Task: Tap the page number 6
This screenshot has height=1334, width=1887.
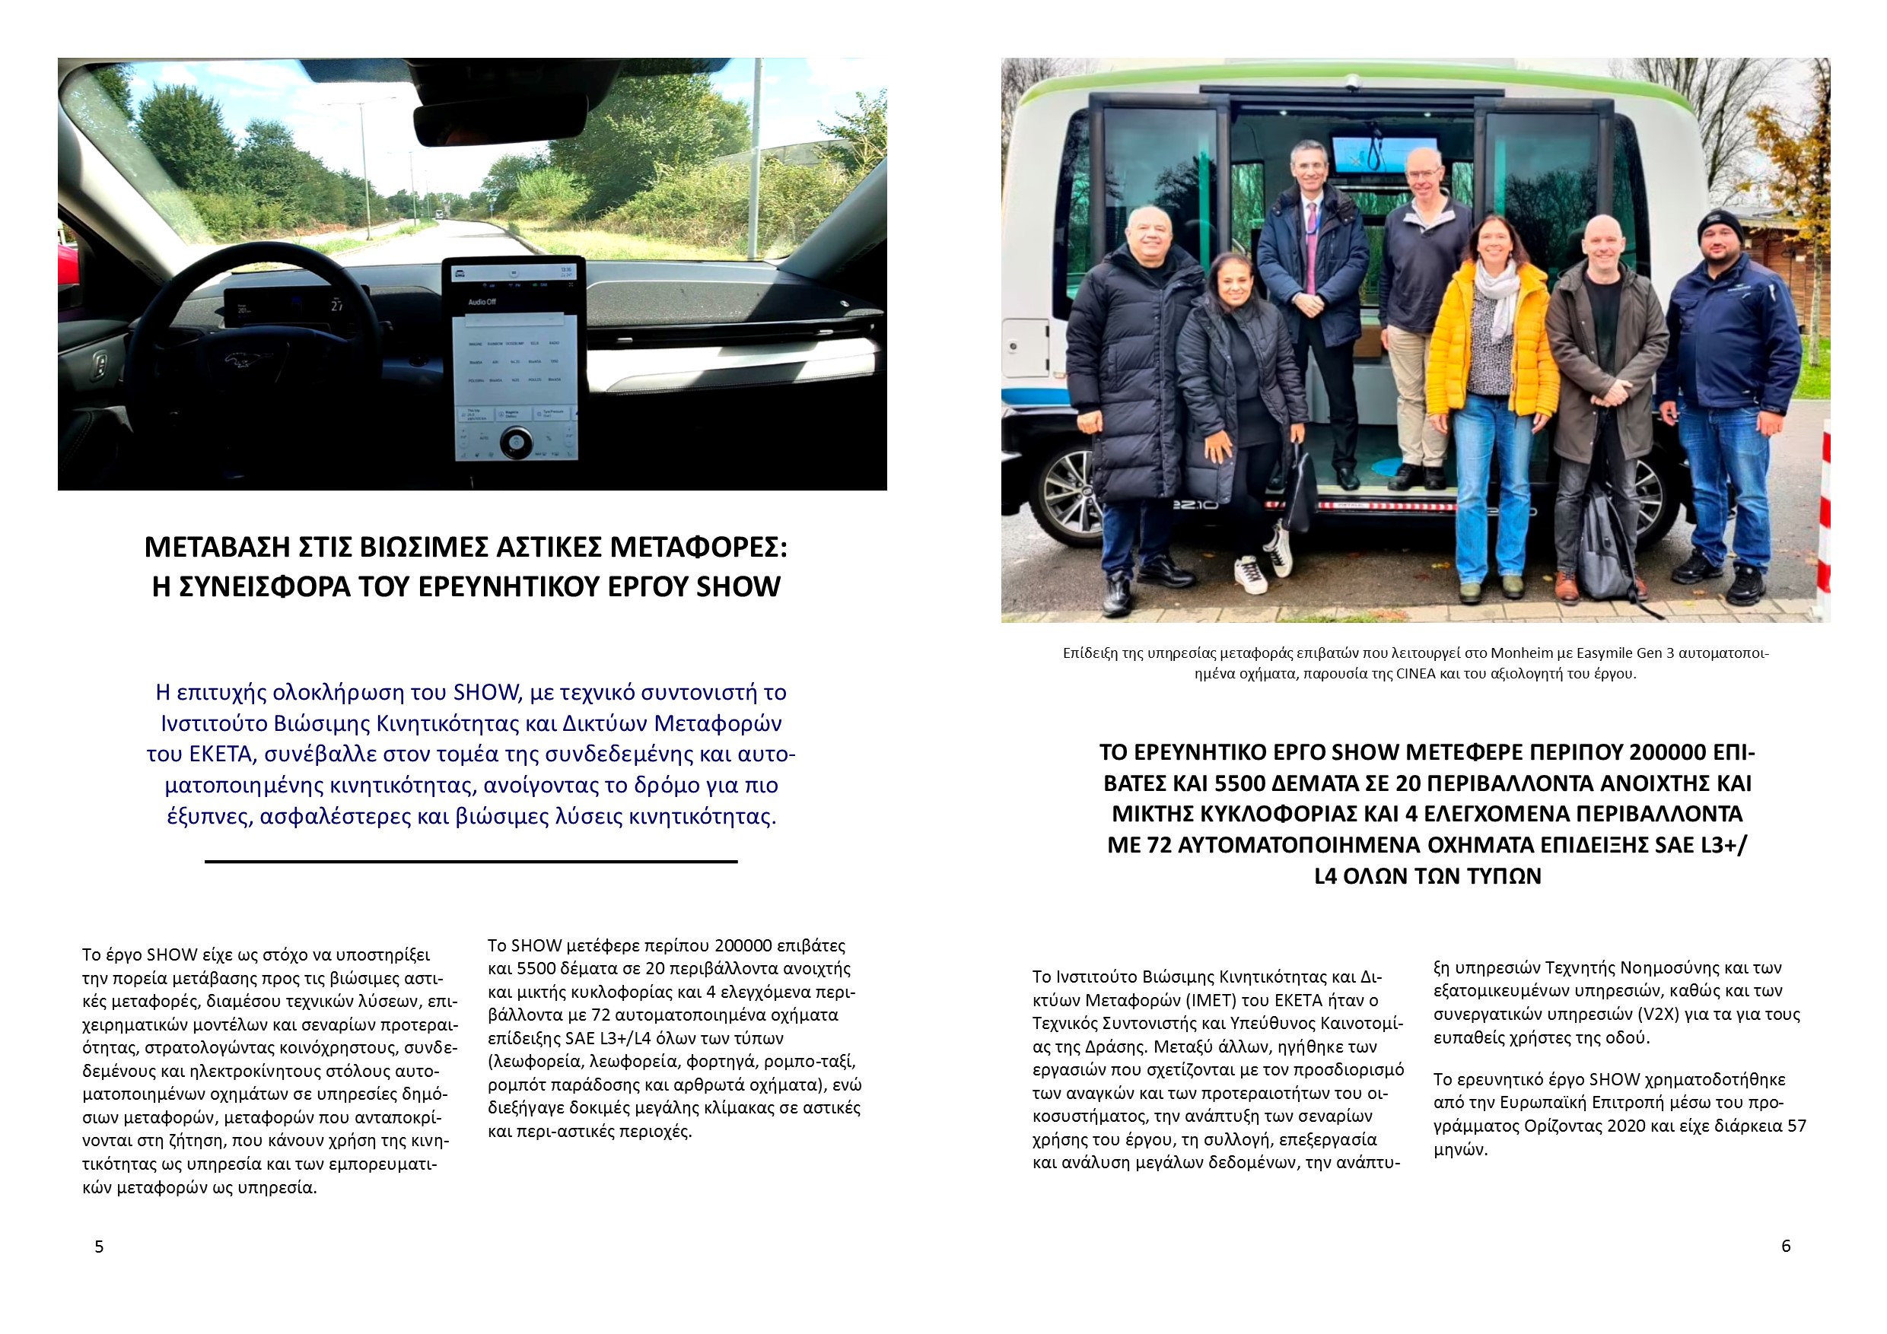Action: [1786, 1246]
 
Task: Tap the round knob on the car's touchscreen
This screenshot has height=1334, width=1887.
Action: [515, 443]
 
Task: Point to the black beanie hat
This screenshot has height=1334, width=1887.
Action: [1720, 225]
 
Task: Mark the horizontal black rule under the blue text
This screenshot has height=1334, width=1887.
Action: [471, 862]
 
